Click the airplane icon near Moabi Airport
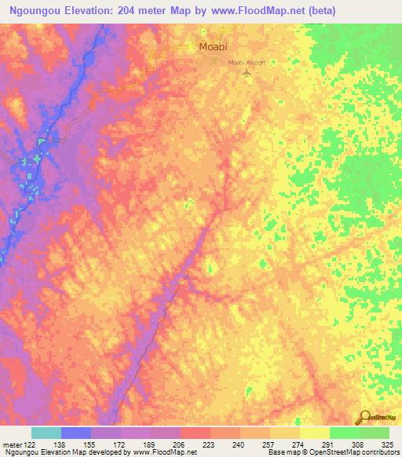(248, 73)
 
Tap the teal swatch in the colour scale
(46, 433)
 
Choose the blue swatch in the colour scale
(76, 433)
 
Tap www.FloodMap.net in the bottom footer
(165, 452)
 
